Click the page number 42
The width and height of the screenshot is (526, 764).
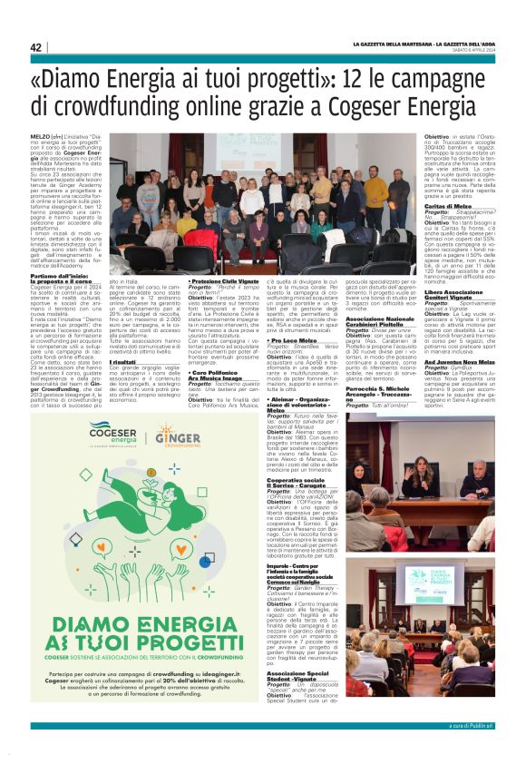(x=36, y=47)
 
